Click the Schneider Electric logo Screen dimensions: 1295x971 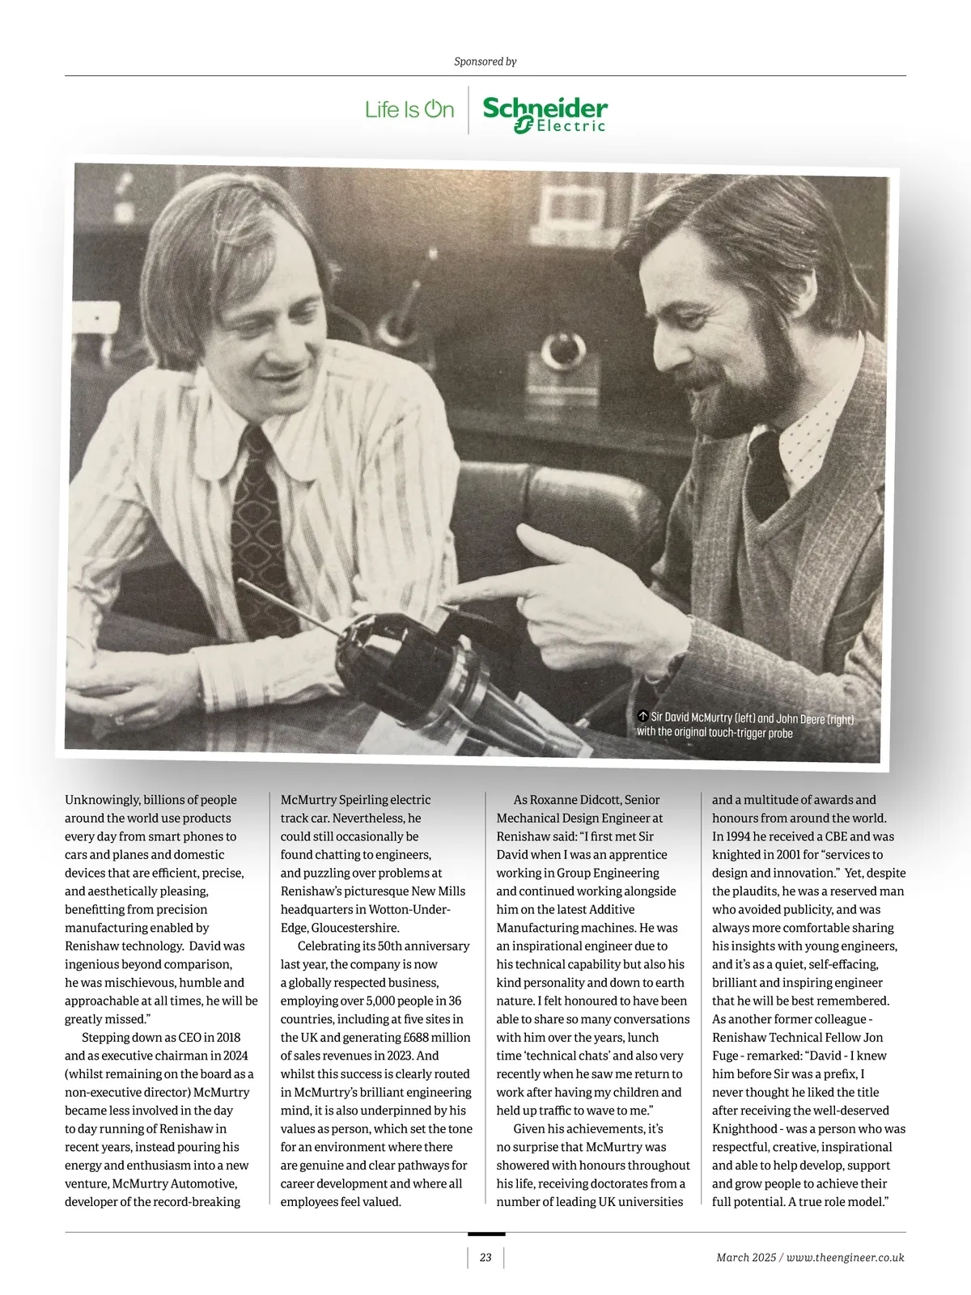545,114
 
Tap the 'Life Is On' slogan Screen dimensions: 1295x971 409,109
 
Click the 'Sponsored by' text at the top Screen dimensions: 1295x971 485,61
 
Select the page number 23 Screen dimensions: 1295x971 485,1257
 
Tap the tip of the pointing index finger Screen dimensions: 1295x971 447,601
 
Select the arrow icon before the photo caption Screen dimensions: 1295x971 642,716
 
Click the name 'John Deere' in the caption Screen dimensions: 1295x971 799,718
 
